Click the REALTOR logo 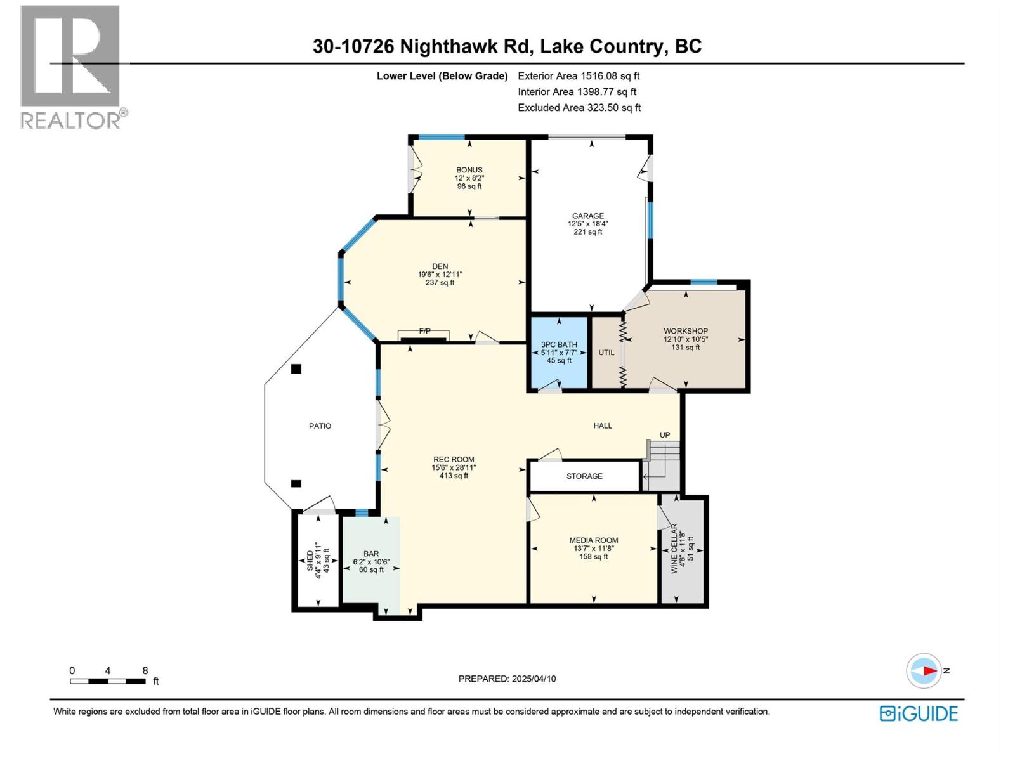pos(70,67)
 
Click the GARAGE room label pos(587,216)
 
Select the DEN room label pos(440,267)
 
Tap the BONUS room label pos(469,170)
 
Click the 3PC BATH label pos(559,345)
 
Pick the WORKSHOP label pos(686,331)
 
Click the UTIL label pos(606,353)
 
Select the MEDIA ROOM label pos(594,541)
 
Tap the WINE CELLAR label pos(674,549)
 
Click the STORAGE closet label pos(584,476)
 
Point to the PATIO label pos(320,426)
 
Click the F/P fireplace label pos(424,331)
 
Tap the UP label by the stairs pos(664,435)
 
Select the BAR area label pos(371,554)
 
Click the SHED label pos(310,561)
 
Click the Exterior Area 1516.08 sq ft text pos(579,76)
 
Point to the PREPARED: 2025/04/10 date pos(507,679)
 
